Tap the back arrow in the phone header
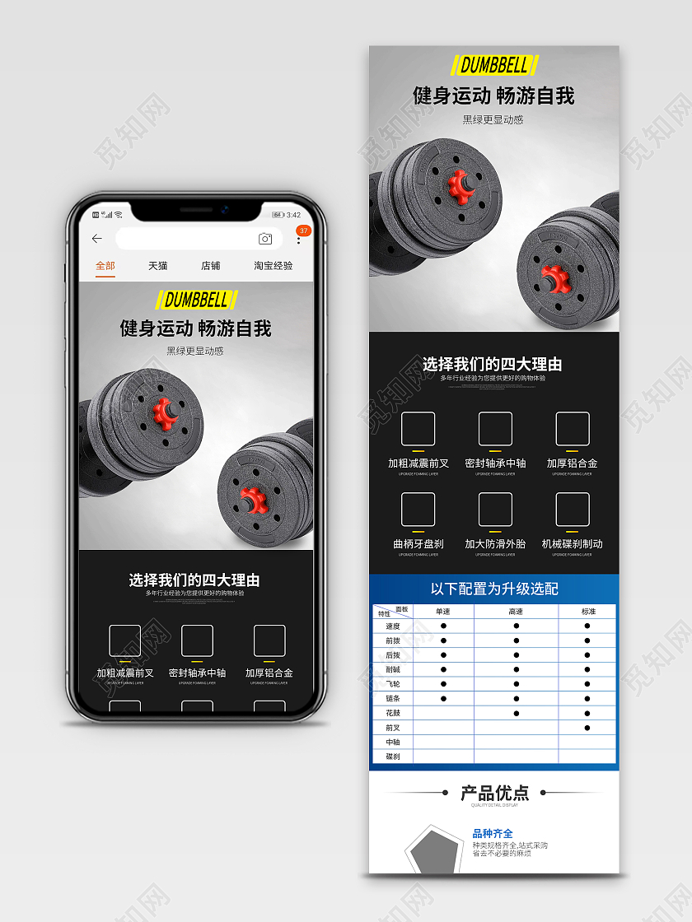click(97, 239)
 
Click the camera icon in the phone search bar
click(265, 239)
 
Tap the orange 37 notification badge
click(303, 230)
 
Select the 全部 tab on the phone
click(105, 266)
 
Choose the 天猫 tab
click(158, 266)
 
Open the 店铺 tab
click(211, 266)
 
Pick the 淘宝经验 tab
click(273, 266)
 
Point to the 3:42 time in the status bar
click(293, 215)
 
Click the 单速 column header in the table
click(443, 612)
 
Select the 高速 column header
click(516, 612)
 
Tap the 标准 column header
click(587, 612)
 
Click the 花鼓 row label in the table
click(392, 713)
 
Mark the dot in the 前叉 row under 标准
click(587, 728)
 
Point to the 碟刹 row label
click(392, 757)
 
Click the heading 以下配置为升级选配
click(494, 589)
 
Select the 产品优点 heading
click(494, 793)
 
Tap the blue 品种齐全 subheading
click(493, 833)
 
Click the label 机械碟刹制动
click(572, 544)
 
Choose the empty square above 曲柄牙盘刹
click(418, 510)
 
